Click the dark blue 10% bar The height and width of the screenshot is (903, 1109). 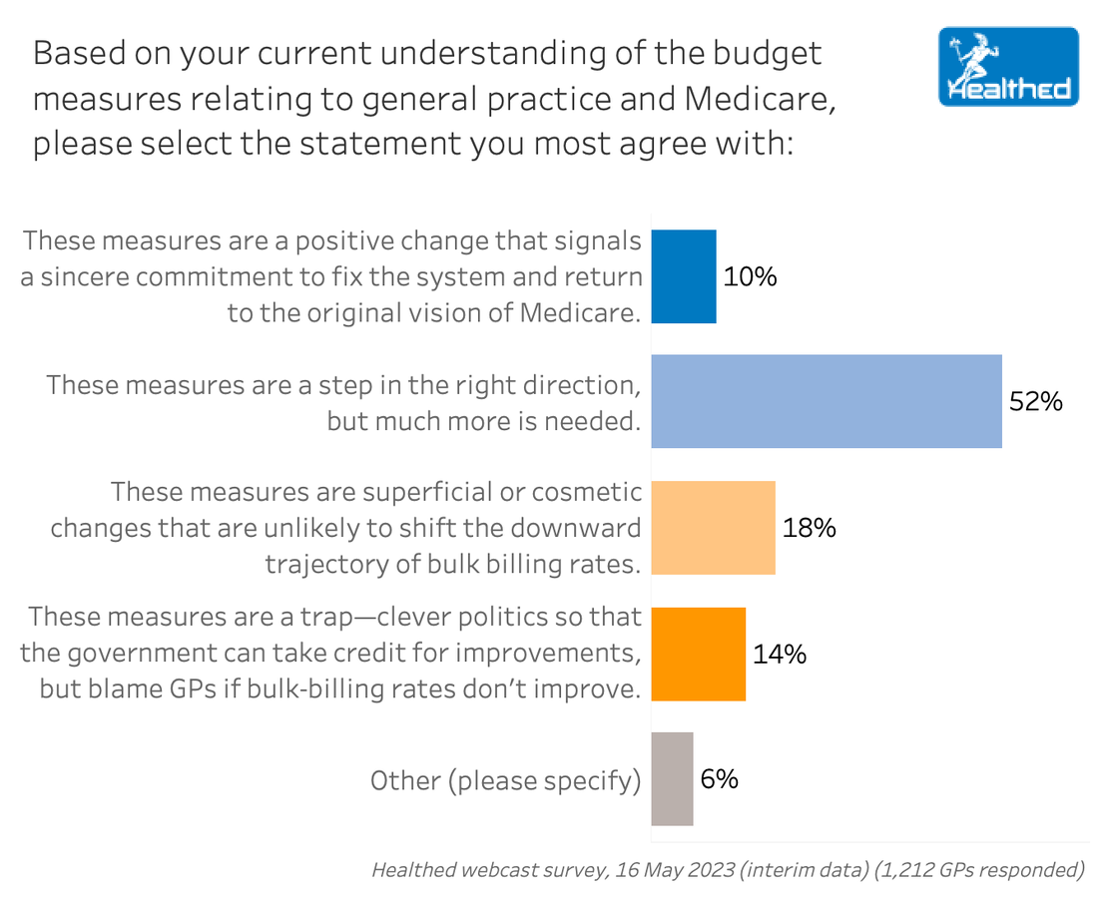683,276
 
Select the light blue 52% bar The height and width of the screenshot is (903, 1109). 826,401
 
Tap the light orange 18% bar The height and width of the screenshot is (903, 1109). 713,528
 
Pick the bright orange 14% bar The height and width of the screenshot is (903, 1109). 698,654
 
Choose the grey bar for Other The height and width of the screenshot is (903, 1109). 672,779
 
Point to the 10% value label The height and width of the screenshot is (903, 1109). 750,276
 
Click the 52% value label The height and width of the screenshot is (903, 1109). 1036,402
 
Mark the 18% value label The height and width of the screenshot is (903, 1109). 809,528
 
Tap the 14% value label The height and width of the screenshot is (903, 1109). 779,654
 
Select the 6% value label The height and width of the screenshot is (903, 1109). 719,779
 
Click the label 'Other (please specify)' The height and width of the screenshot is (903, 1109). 505,780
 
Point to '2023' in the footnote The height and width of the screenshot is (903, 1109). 699,870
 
